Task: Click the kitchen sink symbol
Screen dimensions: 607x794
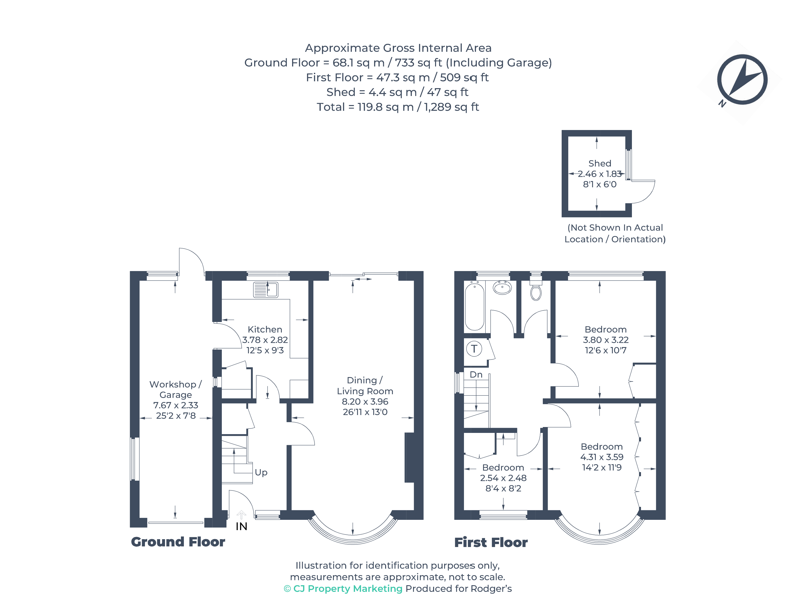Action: pos(265,289)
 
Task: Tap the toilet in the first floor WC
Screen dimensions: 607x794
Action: pos(536,292)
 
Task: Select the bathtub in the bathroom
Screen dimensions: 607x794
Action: pos(474,306)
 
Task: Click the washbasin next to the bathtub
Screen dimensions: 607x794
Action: pos(502,288)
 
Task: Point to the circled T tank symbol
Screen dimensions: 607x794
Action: pos(474,349)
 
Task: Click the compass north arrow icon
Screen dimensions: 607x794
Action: pos(742,80)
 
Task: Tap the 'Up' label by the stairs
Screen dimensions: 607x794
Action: pos(261,472)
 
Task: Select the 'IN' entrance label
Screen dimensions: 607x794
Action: pos(241,526)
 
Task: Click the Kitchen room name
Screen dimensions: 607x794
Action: pos(265,330)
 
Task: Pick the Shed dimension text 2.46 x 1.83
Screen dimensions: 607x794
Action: pos(599,174)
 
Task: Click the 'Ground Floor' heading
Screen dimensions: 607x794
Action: pos(178,542)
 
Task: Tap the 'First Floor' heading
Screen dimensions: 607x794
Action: pos(491,542)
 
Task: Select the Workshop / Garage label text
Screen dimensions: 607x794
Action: pos(176,390)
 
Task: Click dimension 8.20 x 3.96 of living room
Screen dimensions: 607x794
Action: pos(365,401)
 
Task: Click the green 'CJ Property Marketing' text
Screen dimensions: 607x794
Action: pos(347,589)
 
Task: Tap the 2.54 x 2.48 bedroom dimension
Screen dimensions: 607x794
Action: pos(503,478)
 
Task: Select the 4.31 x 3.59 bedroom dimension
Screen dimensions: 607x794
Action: pos(602,457)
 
